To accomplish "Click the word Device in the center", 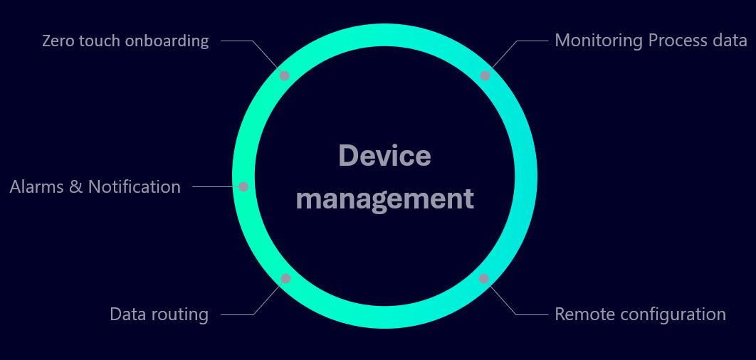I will pyautogui.click(x=384, y=156).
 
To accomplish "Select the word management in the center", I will pyautogui.click(x=384, y=198).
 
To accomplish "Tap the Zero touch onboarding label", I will pyautogui.click(x=125, y=41).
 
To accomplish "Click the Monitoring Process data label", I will pyautogui.click(x=651, y=41).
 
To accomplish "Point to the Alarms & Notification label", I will pyautogui.click(x=95, y=187).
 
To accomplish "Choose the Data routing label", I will pyautogui.click(x=159, y=314).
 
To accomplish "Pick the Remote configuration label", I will pyautogui.click(x=640, y=314).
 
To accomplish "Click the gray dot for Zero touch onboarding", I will pyautogui.click(x=284, y=75).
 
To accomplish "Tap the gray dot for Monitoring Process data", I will pyautogui.click(x=485, y=75).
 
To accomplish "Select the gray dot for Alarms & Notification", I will pyautogui.click(x=243, y=187).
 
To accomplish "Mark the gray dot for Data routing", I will pyautogui.click(x=285, y=279).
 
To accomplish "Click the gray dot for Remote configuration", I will pyautogui.click(x=484, y=279).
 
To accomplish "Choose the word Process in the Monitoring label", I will pyautogui.click(x=676, y=41).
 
